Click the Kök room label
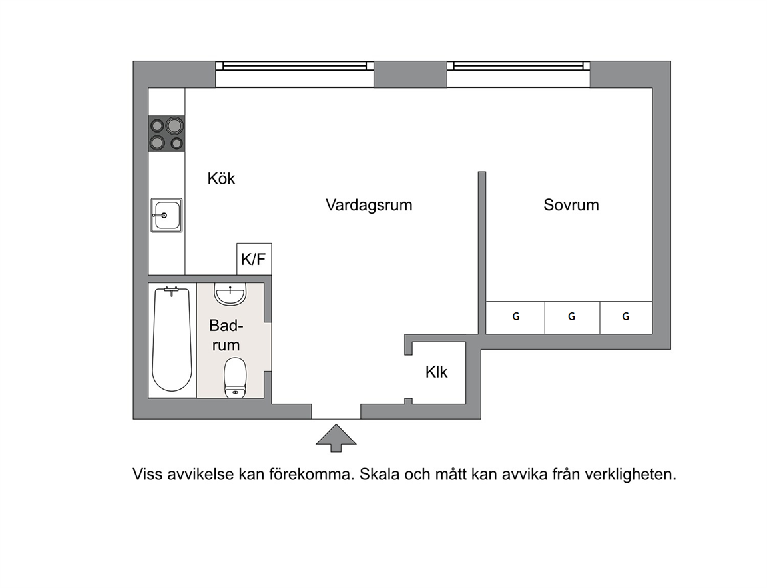pos(221,178)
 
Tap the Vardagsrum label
pos(369,204)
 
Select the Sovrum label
pos(571,204)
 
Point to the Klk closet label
pos(436,372)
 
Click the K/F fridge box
pos(254,259)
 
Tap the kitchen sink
pos(166,215)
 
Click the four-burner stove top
pos(167,134)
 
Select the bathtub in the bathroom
pos(171,340)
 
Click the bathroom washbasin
pos(230,294)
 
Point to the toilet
pos(235,378)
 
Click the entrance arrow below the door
pos(336,438)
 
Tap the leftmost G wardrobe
pos(515,318)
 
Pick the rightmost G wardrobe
pos(626,318)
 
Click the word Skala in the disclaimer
pos(380,474)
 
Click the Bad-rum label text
pos(226,335)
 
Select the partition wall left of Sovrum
pos(482,252)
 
